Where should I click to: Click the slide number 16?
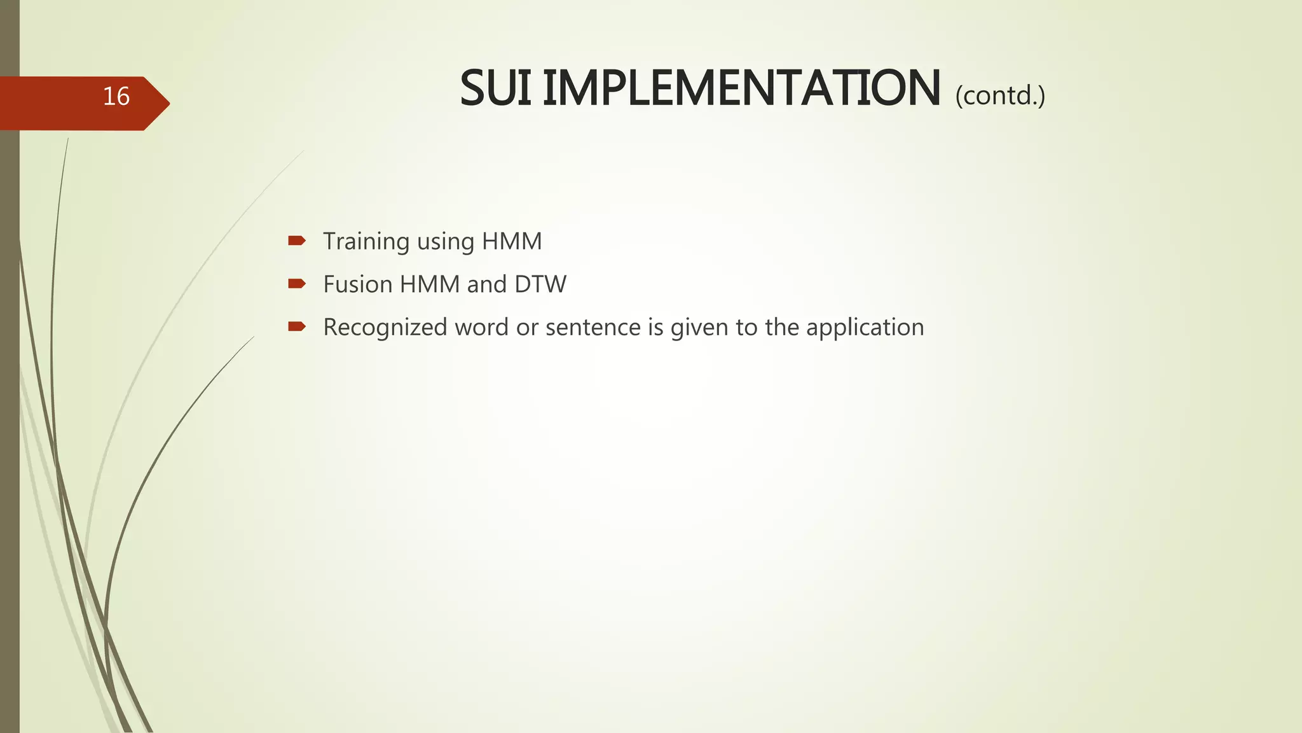116,97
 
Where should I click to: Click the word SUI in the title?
495,89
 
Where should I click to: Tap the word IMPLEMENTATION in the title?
741,89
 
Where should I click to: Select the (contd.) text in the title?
999,95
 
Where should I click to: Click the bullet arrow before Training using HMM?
297,241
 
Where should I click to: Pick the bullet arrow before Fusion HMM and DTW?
297,284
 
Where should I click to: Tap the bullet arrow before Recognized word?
297,327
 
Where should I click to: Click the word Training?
366,242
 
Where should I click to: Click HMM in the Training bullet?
512,242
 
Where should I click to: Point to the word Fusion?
358,284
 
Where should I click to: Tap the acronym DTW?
540,284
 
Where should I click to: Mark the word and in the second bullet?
486,284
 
